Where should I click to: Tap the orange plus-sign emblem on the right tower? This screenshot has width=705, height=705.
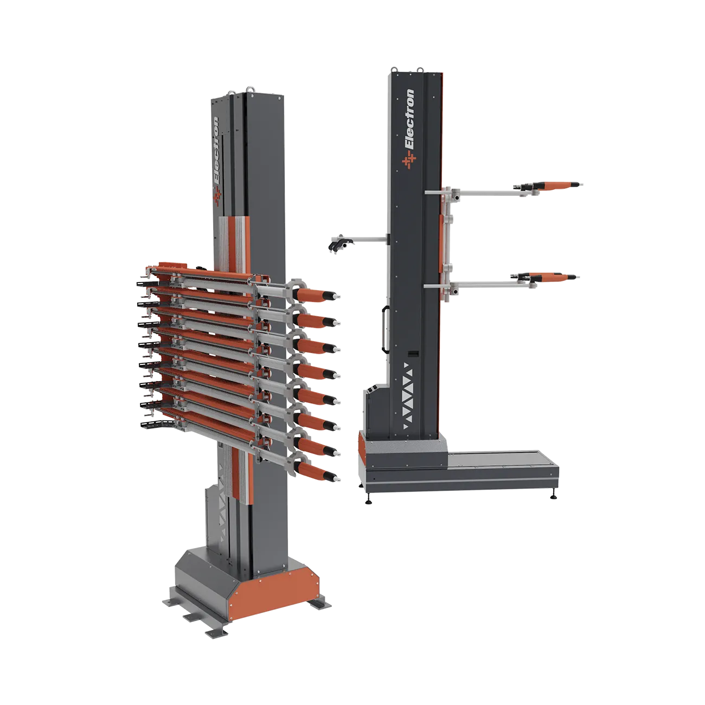coord(409,161)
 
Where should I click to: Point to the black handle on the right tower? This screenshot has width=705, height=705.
coord(384,329)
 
